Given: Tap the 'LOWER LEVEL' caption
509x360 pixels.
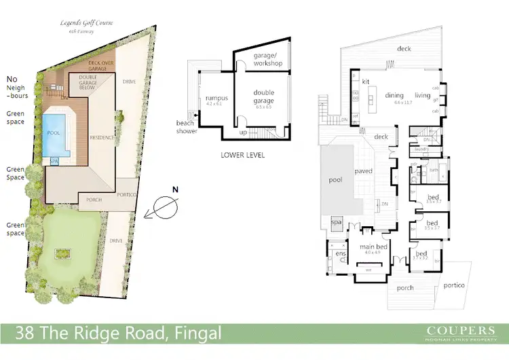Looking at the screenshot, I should pyautogui.click(x=242, y=155).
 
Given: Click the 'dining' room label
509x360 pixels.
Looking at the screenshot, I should pyautogui.click(x=394, y=96).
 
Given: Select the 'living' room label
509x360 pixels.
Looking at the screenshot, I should pyautogui.click(x=423, y=96).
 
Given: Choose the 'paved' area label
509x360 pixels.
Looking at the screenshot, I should pyautogui.click(x=363, y=171).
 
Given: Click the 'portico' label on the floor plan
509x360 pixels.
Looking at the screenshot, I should pyautogui.click(x=454, y=285).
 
